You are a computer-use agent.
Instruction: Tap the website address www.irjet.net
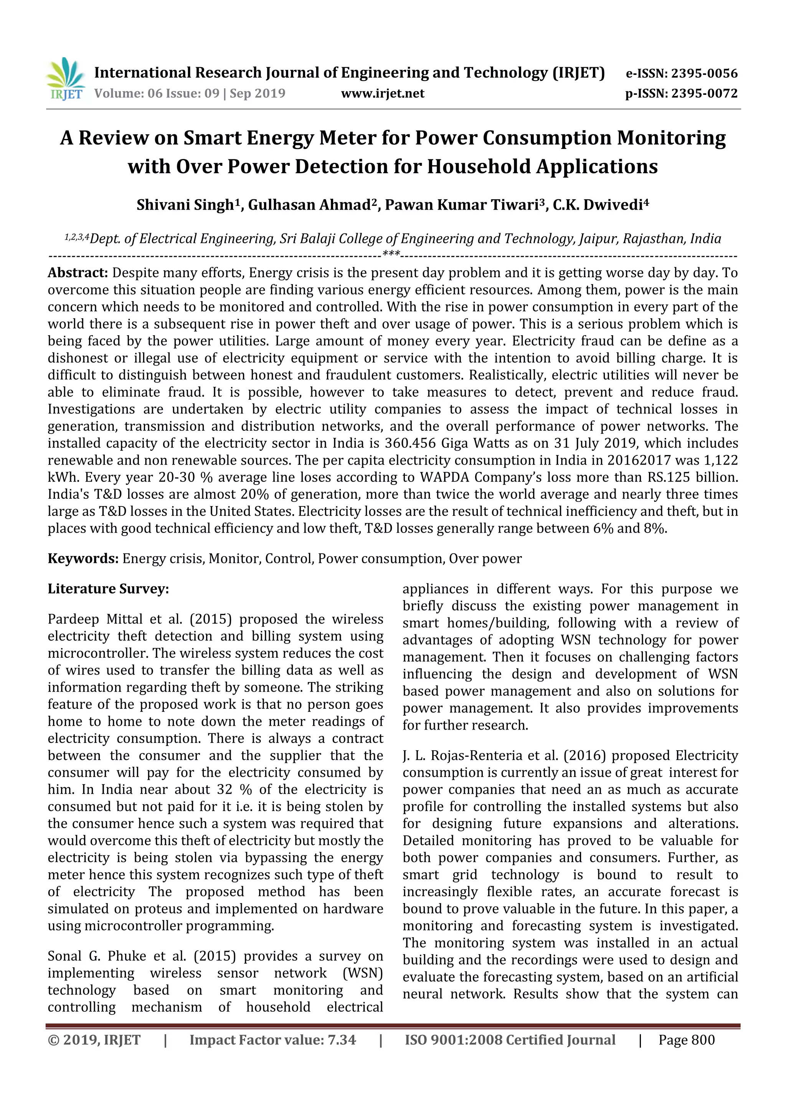pyautogui.click(x=382, y=93)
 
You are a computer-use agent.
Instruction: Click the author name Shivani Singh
pyautogui.click(x=185, y=205)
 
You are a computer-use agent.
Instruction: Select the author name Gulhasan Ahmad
pyautogui.click(x=309, y=205)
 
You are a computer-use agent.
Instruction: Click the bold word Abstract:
pyautogui.click(x=78, y=273)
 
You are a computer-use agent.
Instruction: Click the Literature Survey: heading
pyautogui.click(x=108, y=589)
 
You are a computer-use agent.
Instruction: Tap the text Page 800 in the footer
pyautogui.click(x=686, y=1040)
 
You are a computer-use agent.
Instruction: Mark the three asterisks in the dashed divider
pyautogui.click(x=391, y=254)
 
